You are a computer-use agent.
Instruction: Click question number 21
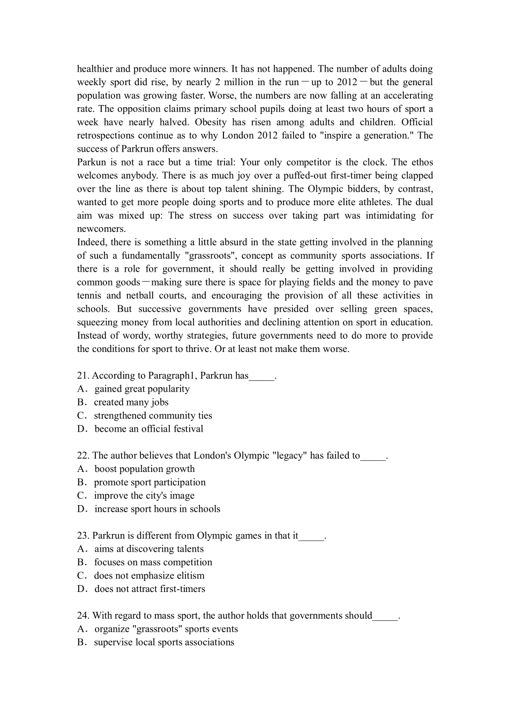point(83,376)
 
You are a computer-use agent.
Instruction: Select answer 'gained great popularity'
point(141,389)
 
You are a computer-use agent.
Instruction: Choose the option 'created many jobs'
point(131,402)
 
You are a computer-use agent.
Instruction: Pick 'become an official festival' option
point(148,429)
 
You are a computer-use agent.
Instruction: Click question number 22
point(83,455)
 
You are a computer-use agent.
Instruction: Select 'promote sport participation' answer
point(149,482)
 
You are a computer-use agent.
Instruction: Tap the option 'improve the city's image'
point(144,496)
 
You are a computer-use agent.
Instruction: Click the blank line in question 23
point(311,536)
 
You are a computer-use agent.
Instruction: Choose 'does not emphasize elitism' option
point(149,575)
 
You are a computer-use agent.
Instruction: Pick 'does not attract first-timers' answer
point(149,589)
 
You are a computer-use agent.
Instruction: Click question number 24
point(83,616)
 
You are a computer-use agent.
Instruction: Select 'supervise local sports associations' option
point(163,642)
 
